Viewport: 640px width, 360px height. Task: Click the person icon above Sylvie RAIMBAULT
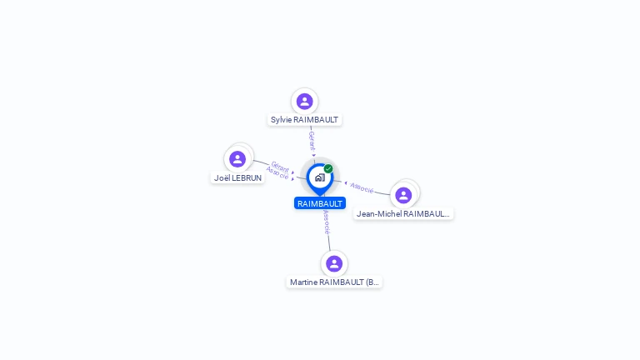coord(304,102)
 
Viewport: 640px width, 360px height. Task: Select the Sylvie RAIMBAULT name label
coord(304,120)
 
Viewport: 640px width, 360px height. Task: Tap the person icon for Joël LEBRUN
coord(237,159)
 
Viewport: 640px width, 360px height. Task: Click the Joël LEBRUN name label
coord(237,178)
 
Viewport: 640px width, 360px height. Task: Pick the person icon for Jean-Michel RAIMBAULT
coord(403,195)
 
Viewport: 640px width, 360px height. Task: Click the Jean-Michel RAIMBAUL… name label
coord(403,214)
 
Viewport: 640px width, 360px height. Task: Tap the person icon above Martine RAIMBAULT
coord(334,263)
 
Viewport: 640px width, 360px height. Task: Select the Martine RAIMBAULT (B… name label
coord(334,282)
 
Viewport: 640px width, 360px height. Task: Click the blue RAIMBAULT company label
coord(319,203)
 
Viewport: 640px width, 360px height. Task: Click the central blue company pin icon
coord(319,177)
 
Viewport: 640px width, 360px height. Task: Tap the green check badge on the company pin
coord(328,168)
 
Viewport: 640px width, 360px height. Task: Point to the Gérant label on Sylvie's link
coord(312,140)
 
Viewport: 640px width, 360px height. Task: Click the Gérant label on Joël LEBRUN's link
coord(281,166)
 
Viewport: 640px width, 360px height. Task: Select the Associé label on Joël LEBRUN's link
coord(277,173)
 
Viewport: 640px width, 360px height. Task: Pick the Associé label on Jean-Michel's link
coord(362,187)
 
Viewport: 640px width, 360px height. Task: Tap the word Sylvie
coord(282,120)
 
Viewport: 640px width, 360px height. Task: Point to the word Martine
coord(303,282)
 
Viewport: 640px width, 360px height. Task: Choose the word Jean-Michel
coord(375,214)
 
